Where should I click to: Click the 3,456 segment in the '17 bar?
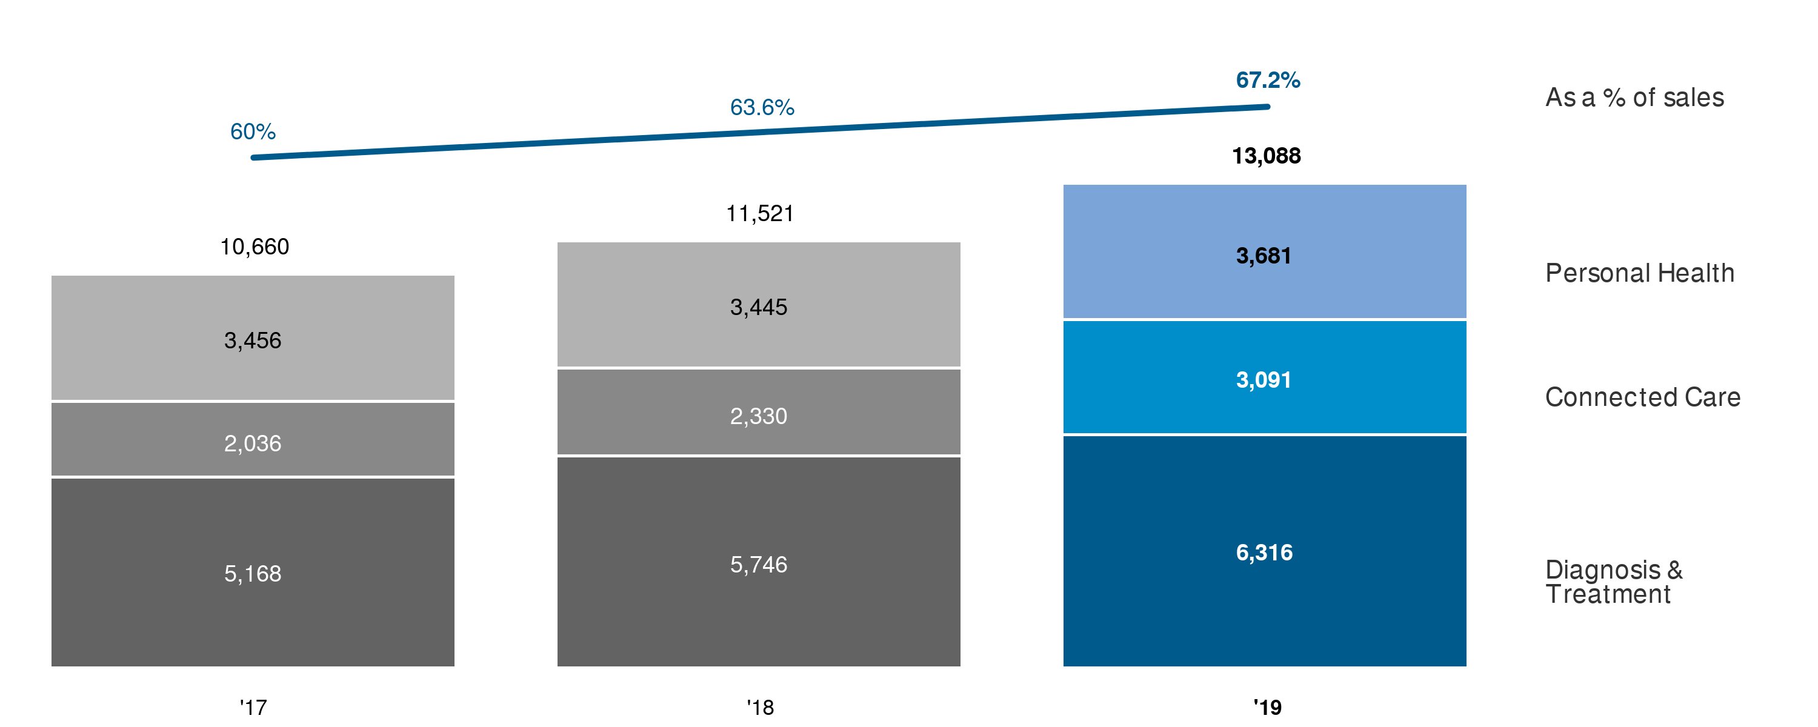(x=253, y=338)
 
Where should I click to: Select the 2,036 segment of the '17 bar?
(x=253, y=439)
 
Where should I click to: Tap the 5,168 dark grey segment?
(x=253, y=572)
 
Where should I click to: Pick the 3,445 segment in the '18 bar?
(x=759, y=305)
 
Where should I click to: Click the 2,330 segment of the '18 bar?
(x=759, y=412)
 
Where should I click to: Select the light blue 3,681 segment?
(x=1264, y=252)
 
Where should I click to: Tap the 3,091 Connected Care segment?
(x=1264, y=377)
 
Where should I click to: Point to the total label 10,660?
(x=254, y=247)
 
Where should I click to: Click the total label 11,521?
(x=760, y=214)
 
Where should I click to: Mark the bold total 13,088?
(x=1266, y=156)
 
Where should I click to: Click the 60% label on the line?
(x=253, y=132)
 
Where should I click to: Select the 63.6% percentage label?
(x=762, y=107)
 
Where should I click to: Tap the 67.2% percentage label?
(x=1268, y=81)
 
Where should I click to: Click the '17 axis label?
(x=253, y=707)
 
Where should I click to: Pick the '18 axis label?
(x=760, y=707)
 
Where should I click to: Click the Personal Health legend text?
(x=1639, y=273)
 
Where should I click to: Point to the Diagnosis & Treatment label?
(x=1613, y=582)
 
